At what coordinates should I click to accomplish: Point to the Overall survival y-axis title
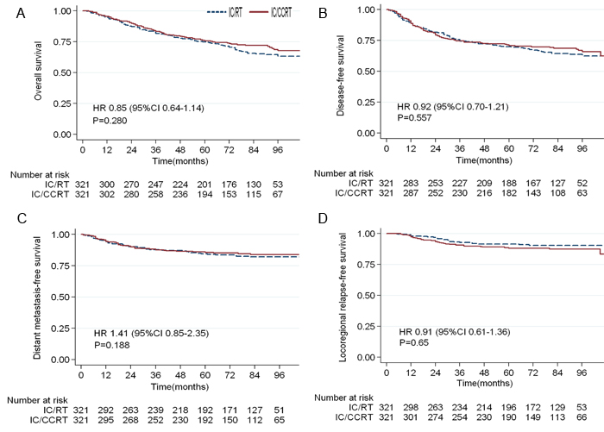coord(37,72)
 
